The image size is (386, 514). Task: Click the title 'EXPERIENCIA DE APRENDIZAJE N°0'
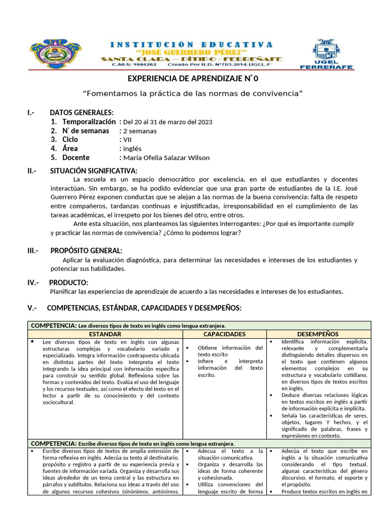[x=192, y=78]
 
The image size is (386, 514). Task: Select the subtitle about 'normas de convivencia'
[x=193, y=93]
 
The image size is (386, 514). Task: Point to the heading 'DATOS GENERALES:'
[x=81, y=112]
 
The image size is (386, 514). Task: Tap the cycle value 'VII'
[x=127, y=140]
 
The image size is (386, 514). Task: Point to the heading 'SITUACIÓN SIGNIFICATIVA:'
[x=93, y=171]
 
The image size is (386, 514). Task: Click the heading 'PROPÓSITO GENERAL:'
[x=86, y=250]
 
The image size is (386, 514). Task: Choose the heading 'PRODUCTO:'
[x=69, y=283]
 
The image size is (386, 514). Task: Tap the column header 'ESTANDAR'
[x=105, y=334]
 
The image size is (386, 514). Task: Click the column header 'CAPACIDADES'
[x=224, y=334]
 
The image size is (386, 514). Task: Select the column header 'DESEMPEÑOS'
[x=318, y=334]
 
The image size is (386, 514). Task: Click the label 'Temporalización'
[x=89, y=122]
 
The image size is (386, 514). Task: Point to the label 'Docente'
[x=76, y=158]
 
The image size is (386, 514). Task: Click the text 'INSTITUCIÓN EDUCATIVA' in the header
[x=191, y=45]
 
